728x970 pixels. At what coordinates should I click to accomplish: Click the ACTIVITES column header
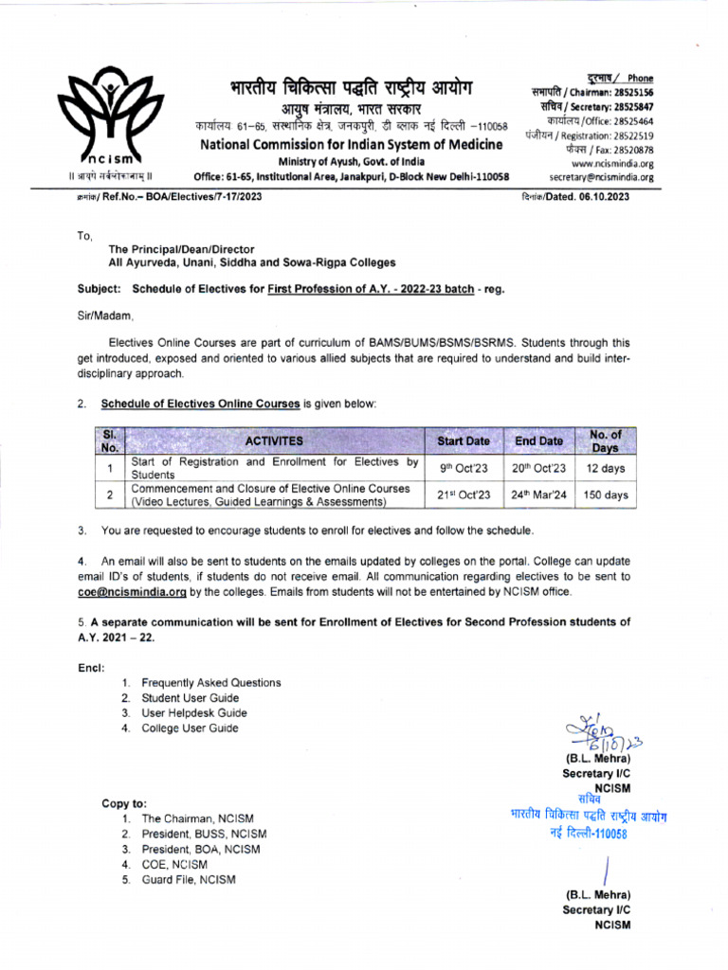pyautogui.click(x=274, y=441)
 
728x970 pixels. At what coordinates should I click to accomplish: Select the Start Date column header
pyautogui.click(x=464, y=441)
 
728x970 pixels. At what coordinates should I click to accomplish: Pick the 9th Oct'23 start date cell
pyautogui.click(x=464, y=468)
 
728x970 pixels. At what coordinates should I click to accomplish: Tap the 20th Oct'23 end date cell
pyautogui.click(x=538, y=468)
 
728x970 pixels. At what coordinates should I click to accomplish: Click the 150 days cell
pyautogui.click(x=605, y=494)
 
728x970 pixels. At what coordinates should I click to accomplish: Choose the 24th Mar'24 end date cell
pyautogui.click(x=538, y=494)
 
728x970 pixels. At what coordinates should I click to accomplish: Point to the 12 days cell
pyautogui.click(x=605, y=468)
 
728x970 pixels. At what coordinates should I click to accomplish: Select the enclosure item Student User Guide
pyautogui.click(x=190, y=698)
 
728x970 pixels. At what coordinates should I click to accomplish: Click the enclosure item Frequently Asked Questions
pyautogui.click(x=210, y=683)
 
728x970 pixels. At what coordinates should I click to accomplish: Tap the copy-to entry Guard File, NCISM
pyautogui.click(x=189, y=879)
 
